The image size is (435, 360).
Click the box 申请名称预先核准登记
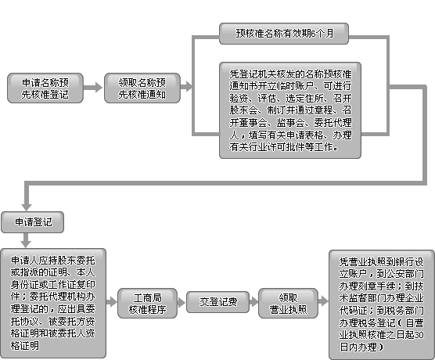click(x=45, y=88)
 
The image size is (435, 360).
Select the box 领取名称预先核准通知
click(x=142, y=88)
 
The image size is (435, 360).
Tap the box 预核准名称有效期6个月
click(x=284, y=34)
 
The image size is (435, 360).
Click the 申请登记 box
click(x=32, y=222)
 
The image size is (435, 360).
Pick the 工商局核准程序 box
click(x=147, y=303)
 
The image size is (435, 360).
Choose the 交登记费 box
click(x=217, y=302)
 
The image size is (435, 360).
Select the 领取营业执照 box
click(x=288, y=303)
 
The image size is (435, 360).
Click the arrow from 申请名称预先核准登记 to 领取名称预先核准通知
click(x=93, y=88)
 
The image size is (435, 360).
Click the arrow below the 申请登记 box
click(x=26, y=240)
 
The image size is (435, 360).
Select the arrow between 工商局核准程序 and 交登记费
click(x=182, y=302)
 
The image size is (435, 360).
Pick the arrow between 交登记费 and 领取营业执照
click(x=253, y=302)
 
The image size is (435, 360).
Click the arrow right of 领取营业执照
click(x=323, y=301)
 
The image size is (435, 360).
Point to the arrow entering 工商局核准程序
click(x=112, y=302)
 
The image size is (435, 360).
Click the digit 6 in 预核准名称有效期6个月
click(x=313, y=34)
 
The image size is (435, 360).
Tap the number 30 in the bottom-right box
click(x=419, y=335)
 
